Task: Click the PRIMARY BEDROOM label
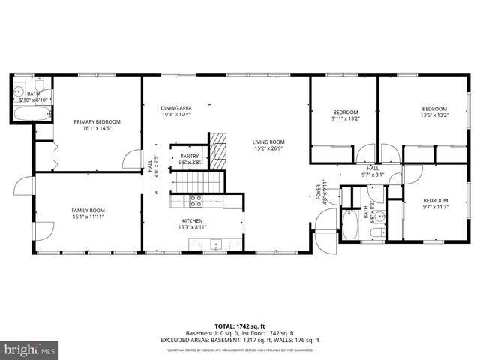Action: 96,121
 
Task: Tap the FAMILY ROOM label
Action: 88,211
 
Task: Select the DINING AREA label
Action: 175,108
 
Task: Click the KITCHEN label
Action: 193,221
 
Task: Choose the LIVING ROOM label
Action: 268,142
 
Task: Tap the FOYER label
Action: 318,191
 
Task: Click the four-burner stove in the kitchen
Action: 195,200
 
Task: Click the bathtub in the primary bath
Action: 32,115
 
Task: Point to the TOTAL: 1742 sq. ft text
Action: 240,326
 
